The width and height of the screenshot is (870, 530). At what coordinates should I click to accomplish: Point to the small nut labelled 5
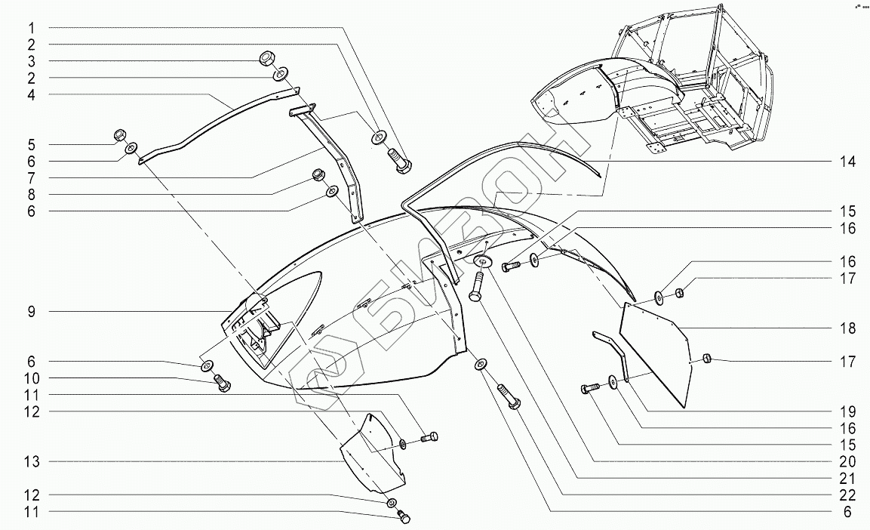click(118, 136)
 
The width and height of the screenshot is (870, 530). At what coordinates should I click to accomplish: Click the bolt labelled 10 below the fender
click(223, 383)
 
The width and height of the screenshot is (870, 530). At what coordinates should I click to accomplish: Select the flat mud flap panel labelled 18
click(655, 351)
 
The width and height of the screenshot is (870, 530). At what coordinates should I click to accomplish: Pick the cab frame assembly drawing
click(664, 91)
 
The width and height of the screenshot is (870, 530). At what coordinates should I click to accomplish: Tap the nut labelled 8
click(318, 177)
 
